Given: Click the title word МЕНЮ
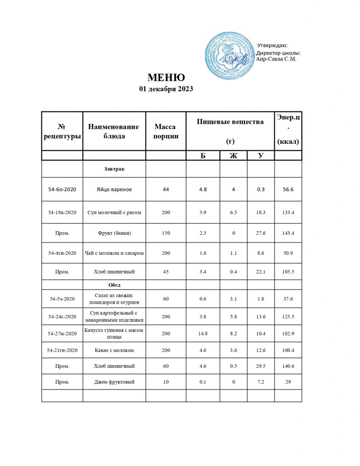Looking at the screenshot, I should click(x=166, y=77).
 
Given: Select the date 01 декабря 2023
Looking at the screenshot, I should click(x=166, y=89).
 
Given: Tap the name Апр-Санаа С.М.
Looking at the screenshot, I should click(x=276, y=59).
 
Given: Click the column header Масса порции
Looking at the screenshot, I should click(x=165, y=131).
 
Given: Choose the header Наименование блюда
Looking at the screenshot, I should click(x=114, y=131).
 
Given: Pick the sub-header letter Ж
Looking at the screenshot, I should click(x=233, y=156).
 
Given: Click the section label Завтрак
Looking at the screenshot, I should click(x=114, y=169).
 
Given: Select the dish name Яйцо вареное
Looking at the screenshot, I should click(x=114, y=189).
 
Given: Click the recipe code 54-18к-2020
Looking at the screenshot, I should click(x=62, y=213).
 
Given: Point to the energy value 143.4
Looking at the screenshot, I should click(x=288, y=233).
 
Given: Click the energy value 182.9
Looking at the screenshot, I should click(x=288, y=334).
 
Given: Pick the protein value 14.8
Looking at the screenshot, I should click(x=203, y=334).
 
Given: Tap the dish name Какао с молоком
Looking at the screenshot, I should click(x=114, y=350).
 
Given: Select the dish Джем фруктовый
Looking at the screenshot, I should click(x=114, y=382).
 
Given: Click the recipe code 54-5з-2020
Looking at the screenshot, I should click(x=62, y=299).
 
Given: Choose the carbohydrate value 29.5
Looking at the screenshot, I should click(x=260, y=366).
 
